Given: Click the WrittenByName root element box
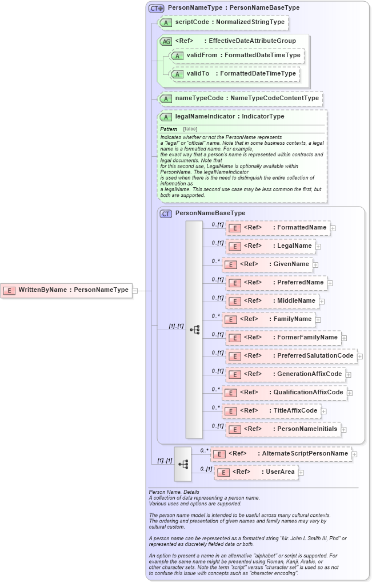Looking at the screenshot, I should (66, 290).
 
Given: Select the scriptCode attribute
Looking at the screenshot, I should (223, 23).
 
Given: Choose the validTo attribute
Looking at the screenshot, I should (235, 74).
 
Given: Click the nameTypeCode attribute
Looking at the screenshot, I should (241, 98).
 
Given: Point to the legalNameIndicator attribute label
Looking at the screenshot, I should (229, 117).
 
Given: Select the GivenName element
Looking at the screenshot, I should (267, 264).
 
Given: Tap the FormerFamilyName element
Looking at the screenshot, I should (283, 338).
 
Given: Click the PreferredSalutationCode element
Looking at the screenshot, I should (291, 356).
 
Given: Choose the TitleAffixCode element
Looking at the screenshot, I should (271, 411).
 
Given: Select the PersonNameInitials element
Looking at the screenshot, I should (283, 429).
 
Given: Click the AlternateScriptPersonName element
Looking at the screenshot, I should (281, 454).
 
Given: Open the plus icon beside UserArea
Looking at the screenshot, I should (301, 473).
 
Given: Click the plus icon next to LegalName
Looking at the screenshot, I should (318, 247).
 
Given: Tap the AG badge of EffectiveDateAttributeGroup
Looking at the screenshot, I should (166, 41).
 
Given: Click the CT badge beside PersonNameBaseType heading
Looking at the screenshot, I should (166, 213).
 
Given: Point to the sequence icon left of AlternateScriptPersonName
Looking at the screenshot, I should (183, 464).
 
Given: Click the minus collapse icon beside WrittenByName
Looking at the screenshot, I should (135, 291).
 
